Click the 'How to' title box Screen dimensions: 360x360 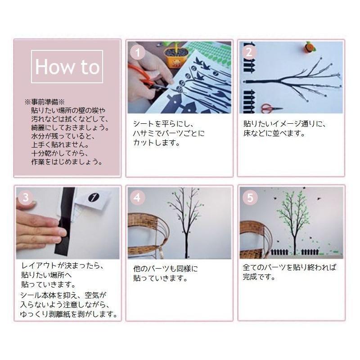[67, 67]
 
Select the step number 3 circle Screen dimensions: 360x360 [26, 197]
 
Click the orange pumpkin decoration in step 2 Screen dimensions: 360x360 [309, 47]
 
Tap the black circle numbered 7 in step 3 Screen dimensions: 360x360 [94, 197]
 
